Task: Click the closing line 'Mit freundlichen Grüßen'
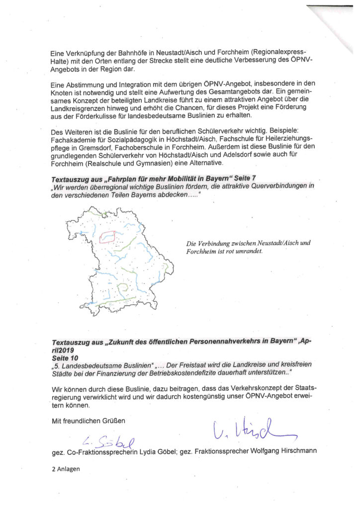(x=89, y=421)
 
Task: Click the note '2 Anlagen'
(x=66, y=468)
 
